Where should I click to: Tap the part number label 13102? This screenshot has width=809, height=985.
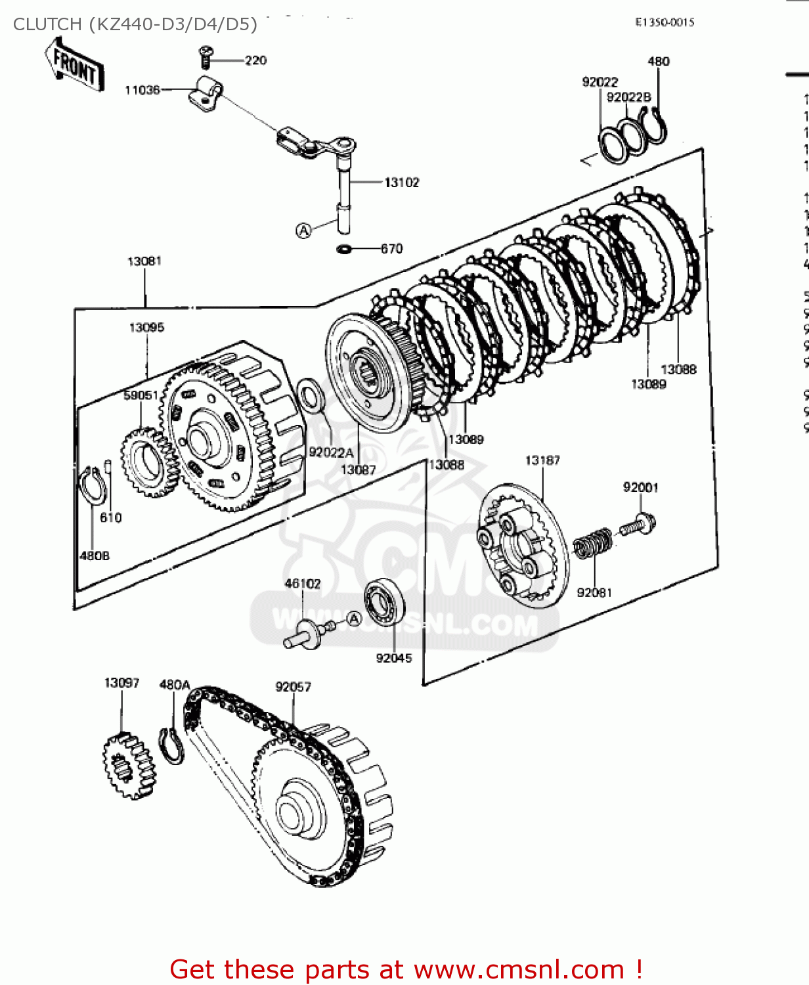pos(401,183)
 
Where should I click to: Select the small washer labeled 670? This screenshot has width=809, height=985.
pos(344,249)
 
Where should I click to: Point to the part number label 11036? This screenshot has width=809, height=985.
pos(142,90)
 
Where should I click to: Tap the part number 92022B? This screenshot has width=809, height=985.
pos(628,97)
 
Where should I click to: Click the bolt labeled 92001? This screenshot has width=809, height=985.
pos(638,525)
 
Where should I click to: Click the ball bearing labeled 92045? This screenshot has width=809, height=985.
pos(384,602)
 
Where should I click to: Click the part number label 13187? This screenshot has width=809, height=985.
pos(542,460)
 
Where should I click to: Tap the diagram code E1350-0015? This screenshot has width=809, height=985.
pos(665,22)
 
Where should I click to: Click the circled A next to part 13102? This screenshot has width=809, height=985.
pos(303,230)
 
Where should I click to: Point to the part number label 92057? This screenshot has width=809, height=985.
pos(293,687)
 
